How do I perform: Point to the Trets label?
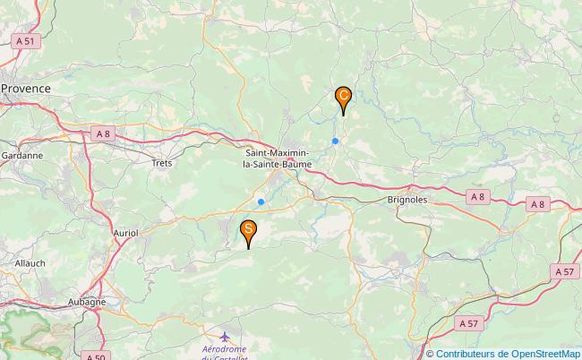coord(161,163)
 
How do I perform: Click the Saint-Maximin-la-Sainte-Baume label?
coord(279,159)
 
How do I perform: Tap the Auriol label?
coord(126,232)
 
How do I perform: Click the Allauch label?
coord(30,263)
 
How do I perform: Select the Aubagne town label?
coord(89,302)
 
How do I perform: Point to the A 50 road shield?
coord(96,356)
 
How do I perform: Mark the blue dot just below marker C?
coord(335,141)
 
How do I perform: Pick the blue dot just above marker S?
coord(261,201)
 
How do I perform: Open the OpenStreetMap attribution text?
coord(502,353)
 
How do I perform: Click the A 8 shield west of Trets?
coord(102,133)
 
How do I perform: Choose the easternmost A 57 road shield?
coord(565,271)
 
